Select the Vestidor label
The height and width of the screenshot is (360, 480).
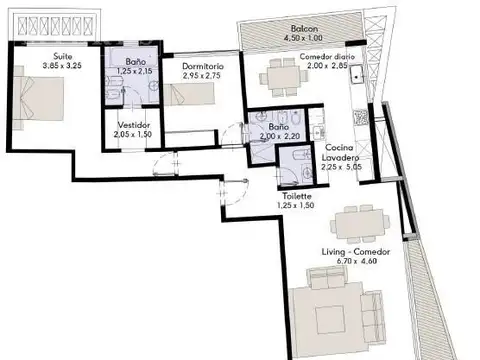click(x=132, y=124)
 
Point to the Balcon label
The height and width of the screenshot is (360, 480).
click(x=305, y=29)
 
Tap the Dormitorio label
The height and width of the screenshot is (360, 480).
click(x=203, y=64)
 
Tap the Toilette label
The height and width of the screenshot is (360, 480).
click(x=297, y=196)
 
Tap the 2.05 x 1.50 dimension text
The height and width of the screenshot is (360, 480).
click(x=131, y=134)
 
